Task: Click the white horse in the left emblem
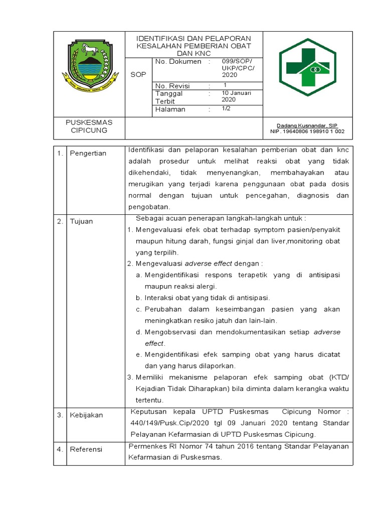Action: pos(90,49)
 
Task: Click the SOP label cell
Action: pos(138,75)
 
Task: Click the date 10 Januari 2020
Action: pos(236,96)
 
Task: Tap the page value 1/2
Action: pos(226,108)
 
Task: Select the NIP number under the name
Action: pos(304,132)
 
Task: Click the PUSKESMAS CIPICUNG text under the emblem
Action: pos(89,126)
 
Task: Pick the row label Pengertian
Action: pos(88,153)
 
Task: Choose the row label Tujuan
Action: pos(81,221)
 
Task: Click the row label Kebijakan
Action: pos(86,415)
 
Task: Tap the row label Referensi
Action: pos(86,449)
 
